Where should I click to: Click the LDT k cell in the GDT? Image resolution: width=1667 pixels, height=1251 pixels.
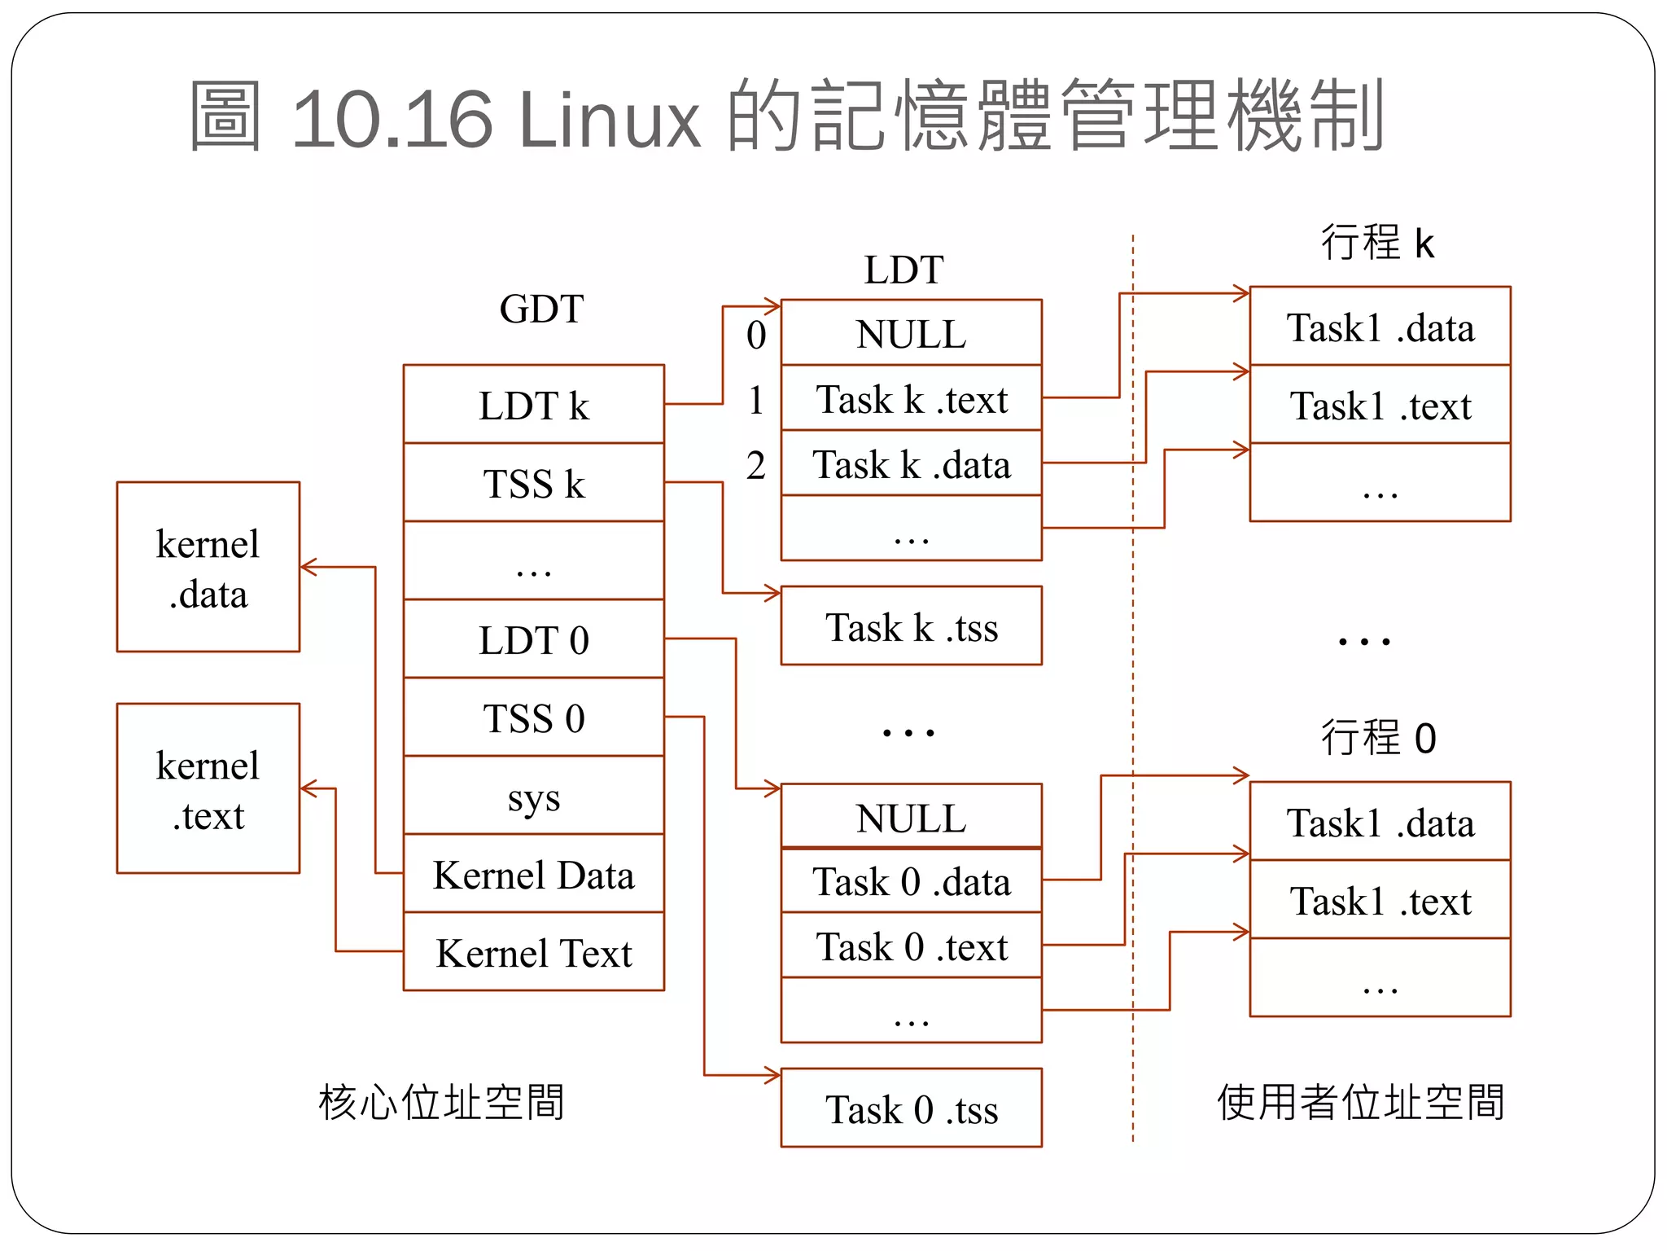click(x=534, y=405)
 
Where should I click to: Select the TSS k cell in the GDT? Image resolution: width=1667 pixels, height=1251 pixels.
click(x=534, y=483)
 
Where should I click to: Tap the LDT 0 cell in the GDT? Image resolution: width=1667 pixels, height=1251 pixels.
click(x=534, y=639)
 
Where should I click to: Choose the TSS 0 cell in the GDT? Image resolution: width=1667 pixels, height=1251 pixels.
click(x=534, y=718)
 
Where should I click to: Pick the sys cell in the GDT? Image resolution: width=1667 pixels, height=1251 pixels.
click(x=534, y=796)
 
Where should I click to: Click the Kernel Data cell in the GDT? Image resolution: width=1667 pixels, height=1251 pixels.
click(x=534, y=874)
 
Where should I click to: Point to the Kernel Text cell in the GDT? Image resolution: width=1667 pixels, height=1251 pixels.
click(x=534, y=952)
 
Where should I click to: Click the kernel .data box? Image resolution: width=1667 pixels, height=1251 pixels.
click(x=208, y=568)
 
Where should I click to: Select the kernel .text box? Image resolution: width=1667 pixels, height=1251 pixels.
click(x=208, y=789)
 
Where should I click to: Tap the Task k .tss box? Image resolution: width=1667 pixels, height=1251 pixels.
click(x=912, y=626)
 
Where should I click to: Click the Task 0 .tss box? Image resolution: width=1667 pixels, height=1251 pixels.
click(x=912, y=1108)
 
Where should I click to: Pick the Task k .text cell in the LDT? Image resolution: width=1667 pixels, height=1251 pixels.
click(x=912, y=398)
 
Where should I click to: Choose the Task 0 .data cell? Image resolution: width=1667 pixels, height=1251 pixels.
click(x=912, y=880)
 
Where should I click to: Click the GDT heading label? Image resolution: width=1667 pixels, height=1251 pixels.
click(x=541, y=309)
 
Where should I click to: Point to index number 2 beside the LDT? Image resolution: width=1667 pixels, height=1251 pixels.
click(x=756, y=465)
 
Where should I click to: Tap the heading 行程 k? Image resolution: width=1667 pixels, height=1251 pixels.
click(x=1376, y=242)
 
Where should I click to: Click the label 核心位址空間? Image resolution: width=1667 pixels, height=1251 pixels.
click(x=441, y=1102)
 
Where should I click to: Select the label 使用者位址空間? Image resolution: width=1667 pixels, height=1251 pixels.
click(x=1360, y=1102)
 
